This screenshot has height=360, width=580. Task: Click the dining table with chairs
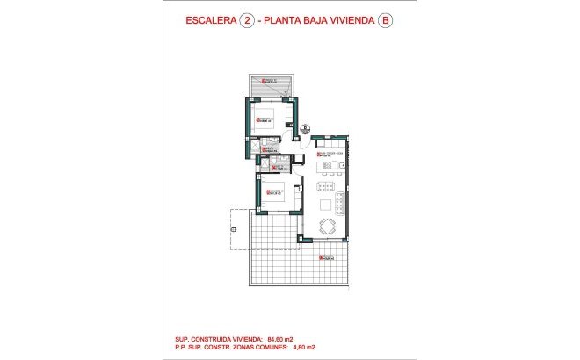pos(328,227)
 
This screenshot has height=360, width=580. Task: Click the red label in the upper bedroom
pos(263,119)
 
